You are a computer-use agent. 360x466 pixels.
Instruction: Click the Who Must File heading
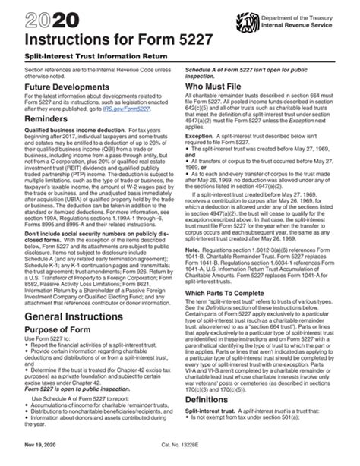(214, 88)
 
